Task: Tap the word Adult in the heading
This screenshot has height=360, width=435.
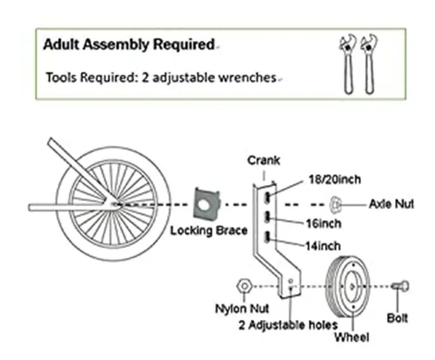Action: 61,44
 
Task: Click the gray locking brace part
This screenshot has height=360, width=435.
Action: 206,203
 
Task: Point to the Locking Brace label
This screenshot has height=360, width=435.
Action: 209,230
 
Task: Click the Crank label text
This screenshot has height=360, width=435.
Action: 264,160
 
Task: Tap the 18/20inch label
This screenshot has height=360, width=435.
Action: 335,180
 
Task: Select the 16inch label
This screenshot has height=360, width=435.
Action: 324,223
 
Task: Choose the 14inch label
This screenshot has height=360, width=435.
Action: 323,246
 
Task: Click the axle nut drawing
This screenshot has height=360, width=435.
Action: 335,204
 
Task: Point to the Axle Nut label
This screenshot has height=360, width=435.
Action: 391,204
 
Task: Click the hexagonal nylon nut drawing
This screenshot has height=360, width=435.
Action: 244,286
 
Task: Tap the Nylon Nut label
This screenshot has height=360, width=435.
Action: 242,309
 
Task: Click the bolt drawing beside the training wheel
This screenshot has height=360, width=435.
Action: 400,286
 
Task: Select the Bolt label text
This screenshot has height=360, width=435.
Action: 398,318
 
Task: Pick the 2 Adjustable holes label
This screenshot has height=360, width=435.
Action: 288,325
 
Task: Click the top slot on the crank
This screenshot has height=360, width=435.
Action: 267,198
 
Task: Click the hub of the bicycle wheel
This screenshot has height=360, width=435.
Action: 115,204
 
